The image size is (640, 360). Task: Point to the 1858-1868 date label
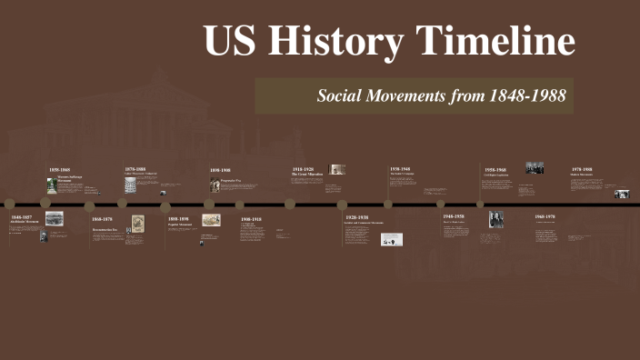59,170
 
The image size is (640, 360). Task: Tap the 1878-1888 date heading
135,169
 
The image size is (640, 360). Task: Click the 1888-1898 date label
178,219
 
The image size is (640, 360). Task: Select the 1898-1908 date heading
220,170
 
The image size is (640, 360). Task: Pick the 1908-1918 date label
251,219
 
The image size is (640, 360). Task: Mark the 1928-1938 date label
356,218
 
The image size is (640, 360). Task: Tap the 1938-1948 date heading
401,169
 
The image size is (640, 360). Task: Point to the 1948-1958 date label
454,216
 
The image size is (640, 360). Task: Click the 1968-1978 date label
545,216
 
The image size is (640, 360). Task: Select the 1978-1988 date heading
582,169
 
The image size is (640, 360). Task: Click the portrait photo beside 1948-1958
496,219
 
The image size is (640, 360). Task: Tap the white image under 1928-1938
393,239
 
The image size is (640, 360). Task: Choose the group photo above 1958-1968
535,168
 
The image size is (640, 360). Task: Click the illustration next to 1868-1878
138,223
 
